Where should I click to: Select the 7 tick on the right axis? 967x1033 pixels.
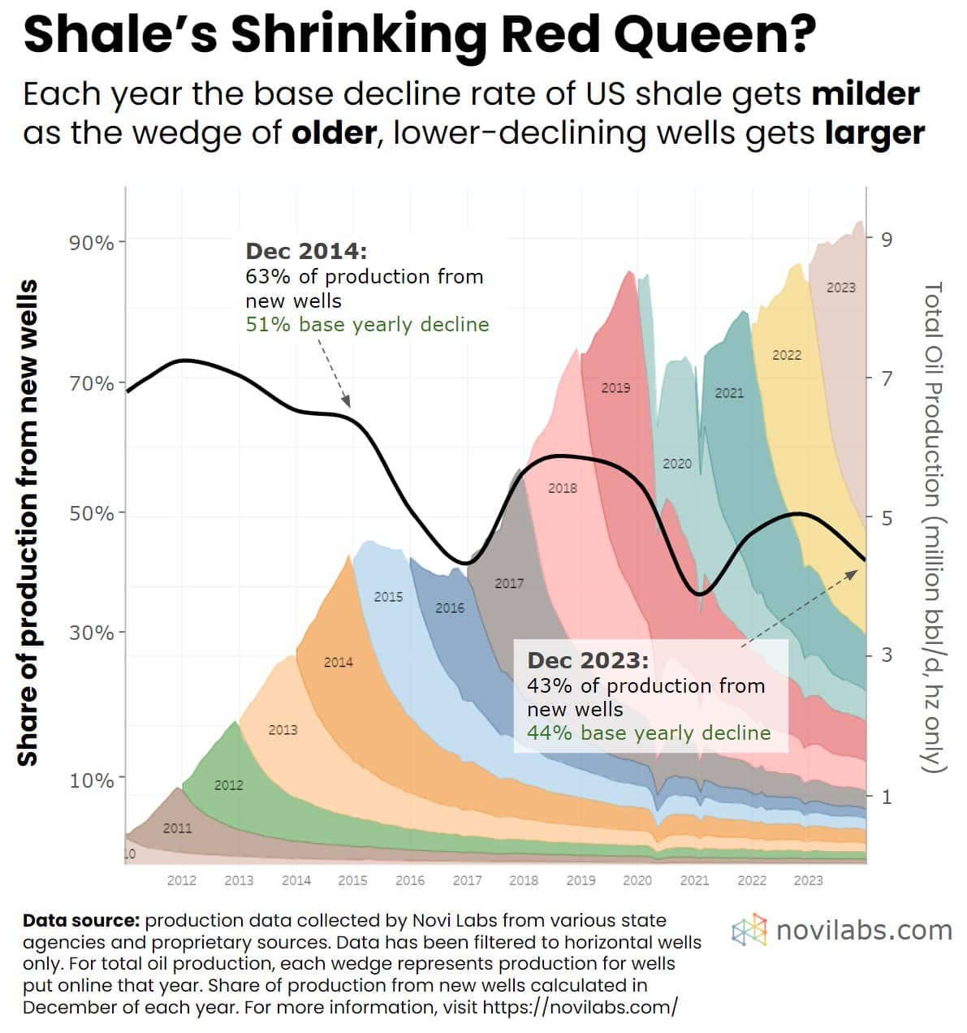(887, 378)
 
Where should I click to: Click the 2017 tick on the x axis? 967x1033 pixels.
(467, 880)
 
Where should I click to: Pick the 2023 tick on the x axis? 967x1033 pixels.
(808, 880)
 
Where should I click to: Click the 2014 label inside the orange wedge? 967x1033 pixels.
(339, 662)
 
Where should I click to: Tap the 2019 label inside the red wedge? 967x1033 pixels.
(615, 387)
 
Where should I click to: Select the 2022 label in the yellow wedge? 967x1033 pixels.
(786, 355)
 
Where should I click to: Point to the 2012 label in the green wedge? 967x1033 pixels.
(228, 784)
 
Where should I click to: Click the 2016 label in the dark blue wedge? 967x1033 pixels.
(450, 607)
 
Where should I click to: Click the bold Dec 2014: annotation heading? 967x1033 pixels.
(306, 251)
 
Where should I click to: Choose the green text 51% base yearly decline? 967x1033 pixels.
(367, 325)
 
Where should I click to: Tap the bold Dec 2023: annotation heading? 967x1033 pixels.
(588, 659)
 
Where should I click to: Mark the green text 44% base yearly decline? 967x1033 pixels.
(648, 733)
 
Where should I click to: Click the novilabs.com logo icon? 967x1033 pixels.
(749, 930)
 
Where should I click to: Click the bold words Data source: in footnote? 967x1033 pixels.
(81, 921)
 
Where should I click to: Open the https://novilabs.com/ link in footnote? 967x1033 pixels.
(580, 1007)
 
